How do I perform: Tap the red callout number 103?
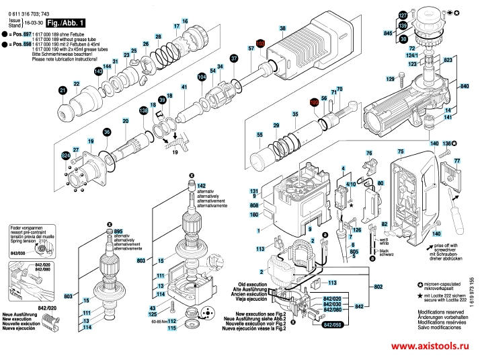point(262,44)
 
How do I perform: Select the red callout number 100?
point(314,102)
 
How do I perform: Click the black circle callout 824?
point(65,156)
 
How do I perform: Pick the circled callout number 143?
point(99,71)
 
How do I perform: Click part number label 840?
point(464,87)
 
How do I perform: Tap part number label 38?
point(282,28)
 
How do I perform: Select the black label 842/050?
point(332,324)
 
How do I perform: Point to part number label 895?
point(119,230)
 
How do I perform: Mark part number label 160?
point(254,215)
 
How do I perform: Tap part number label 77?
point(457,161)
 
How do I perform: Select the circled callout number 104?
point(202,77)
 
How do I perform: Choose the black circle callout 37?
point(234,59)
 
